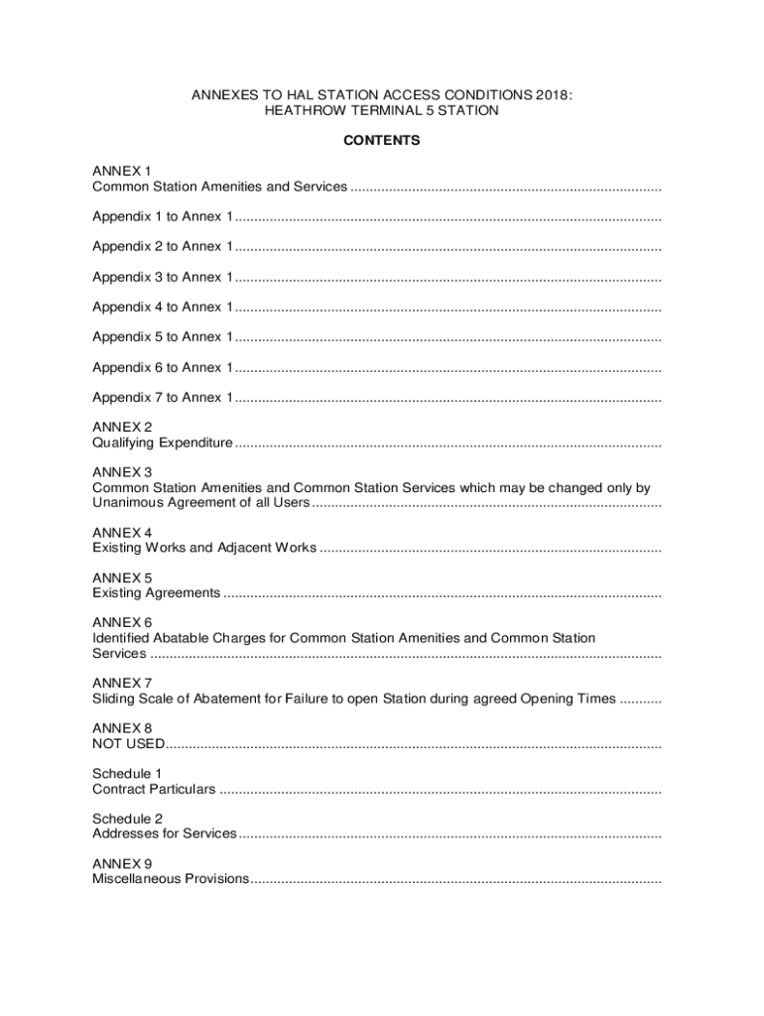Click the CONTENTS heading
382,141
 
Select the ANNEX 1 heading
122,171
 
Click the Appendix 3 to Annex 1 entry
163,277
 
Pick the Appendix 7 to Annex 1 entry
163,398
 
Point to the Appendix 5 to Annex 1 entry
163,337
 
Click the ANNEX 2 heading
122,427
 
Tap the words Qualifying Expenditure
163,443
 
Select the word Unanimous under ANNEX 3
128,503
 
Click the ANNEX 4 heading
122,532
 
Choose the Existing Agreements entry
156,593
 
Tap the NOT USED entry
128,744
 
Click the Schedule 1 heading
128,773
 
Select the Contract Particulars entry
154,790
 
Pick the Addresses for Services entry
165,833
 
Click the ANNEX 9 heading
122,863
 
